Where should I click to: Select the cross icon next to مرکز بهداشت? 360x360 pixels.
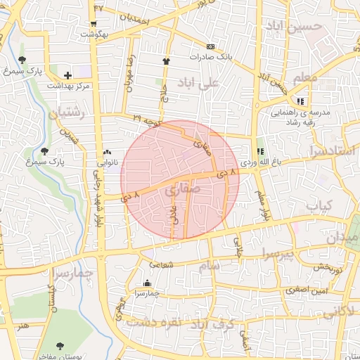pyautogui.click(x=67, y=75)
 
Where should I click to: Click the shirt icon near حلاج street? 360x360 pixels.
pyautogui.click(x=167, y=61)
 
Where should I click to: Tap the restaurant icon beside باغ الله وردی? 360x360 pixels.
pyautogui.click(x=260, y=151)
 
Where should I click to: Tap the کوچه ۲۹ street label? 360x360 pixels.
pyautogui.click(x=148, y=121)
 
